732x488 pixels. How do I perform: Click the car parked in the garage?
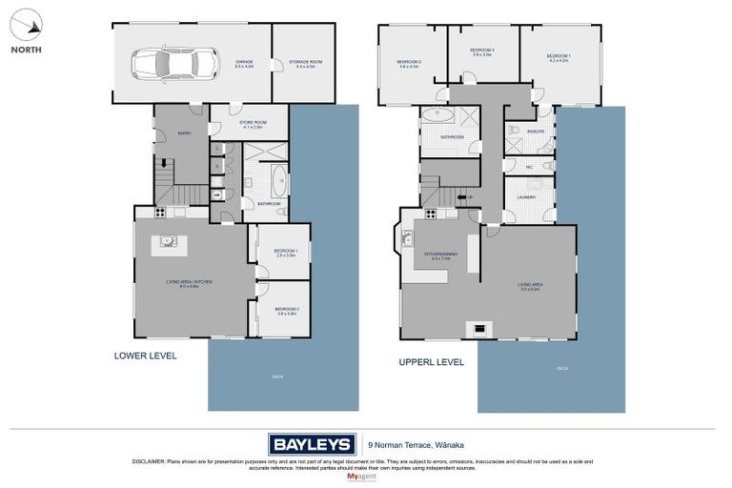162,64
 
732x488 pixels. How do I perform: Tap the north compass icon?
26,26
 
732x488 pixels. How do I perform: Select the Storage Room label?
305,63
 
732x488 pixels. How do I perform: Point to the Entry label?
184,133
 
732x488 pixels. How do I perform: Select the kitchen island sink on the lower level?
168,241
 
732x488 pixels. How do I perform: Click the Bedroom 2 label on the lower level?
285,310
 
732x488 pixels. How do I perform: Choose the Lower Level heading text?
145,356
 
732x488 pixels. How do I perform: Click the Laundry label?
526,197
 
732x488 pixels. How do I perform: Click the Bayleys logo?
312,443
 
